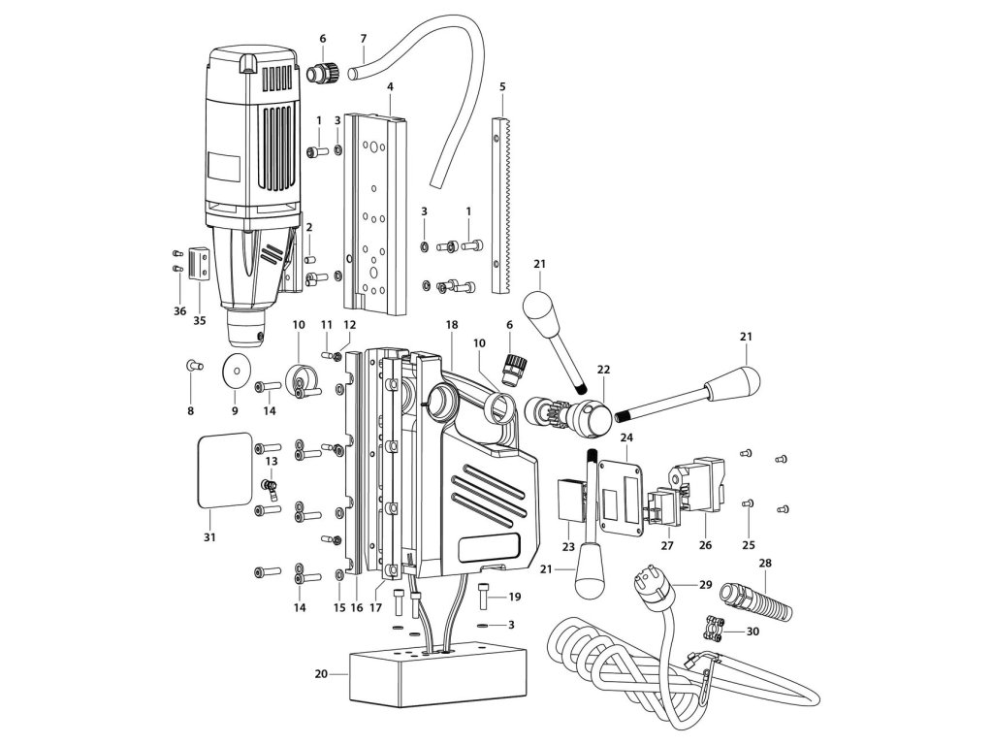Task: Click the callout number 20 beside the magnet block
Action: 321,673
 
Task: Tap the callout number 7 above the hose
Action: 364,39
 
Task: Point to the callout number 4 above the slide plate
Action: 390,85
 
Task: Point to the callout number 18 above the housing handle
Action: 452,324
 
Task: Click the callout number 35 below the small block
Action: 200,320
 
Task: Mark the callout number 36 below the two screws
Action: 179,311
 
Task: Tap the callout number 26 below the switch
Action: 706,545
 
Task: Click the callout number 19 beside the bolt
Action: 514,597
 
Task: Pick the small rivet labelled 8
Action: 193,365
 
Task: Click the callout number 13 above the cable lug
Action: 272,461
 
